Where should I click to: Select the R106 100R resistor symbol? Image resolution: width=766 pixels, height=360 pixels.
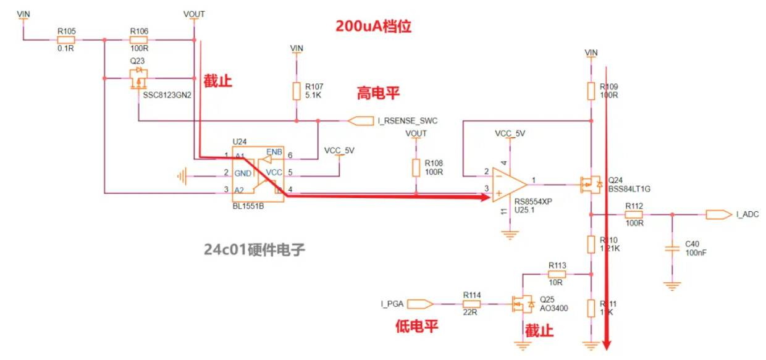click(x=138, y=40)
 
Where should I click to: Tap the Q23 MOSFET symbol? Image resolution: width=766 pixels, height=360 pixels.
click(x=139, y=78)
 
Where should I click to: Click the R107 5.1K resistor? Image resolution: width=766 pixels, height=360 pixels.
click(x=297, y=91)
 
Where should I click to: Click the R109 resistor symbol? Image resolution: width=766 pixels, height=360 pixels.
click(x=592, y=91)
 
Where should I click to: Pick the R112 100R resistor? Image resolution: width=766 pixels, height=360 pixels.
click(x=634, y=214)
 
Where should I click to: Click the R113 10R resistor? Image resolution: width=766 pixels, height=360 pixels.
click(x=557, y=274)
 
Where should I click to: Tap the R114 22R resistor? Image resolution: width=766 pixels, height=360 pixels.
click(x=471, y=304)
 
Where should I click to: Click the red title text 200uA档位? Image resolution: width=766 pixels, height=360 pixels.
click(x=373, y=27)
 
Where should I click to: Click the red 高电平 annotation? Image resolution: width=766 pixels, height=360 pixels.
click(x=378, y=93)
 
